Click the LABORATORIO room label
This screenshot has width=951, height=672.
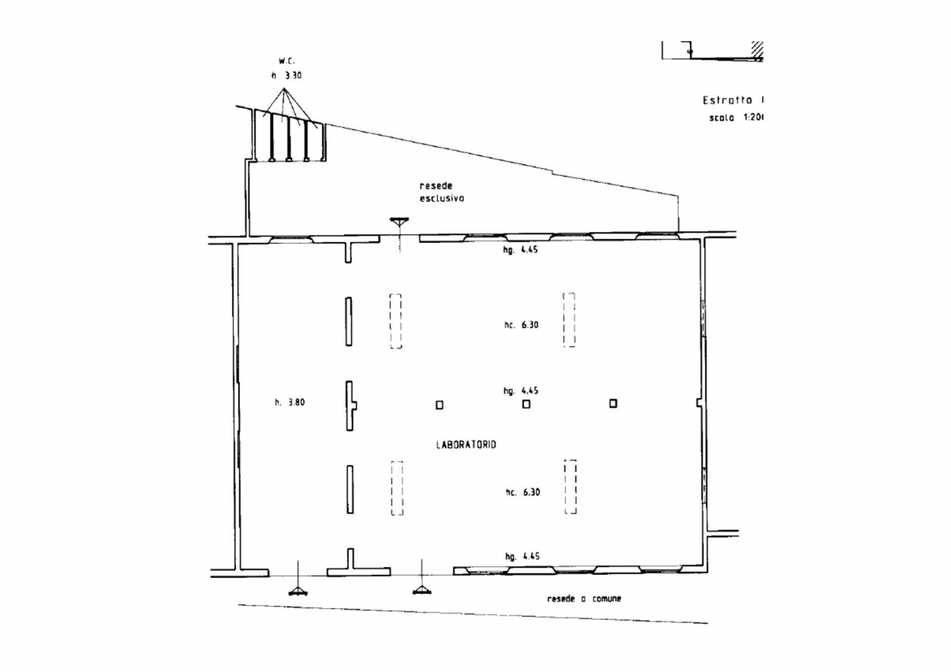tap(466, 445)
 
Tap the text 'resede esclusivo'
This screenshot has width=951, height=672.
tap(441, 192)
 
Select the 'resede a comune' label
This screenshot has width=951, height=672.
tap(584, 598)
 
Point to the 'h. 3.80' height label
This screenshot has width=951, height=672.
tap(290, 402)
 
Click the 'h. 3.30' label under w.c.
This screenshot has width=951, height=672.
tap(287, 75)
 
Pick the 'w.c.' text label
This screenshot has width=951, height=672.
tap(287, 61)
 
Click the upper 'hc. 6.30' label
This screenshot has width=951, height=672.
tap(521, 325)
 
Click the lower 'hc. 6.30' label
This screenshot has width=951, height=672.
tap(522, 492)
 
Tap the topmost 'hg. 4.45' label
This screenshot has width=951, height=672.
tap(521, 250)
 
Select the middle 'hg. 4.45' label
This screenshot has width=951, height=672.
tap(521, 391)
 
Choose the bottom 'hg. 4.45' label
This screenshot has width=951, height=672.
tap(522, 557)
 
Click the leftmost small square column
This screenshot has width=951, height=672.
tap(439, 404)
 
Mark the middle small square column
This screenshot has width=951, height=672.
tap(526, 404)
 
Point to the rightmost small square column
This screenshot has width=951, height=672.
tap(613, 403)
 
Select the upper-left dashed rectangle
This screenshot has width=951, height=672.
tap(396, 321)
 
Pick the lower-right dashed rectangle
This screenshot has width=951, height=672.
tap(571, 487)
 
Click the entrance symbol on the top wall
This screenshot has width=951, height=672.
tap(399, 223)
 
